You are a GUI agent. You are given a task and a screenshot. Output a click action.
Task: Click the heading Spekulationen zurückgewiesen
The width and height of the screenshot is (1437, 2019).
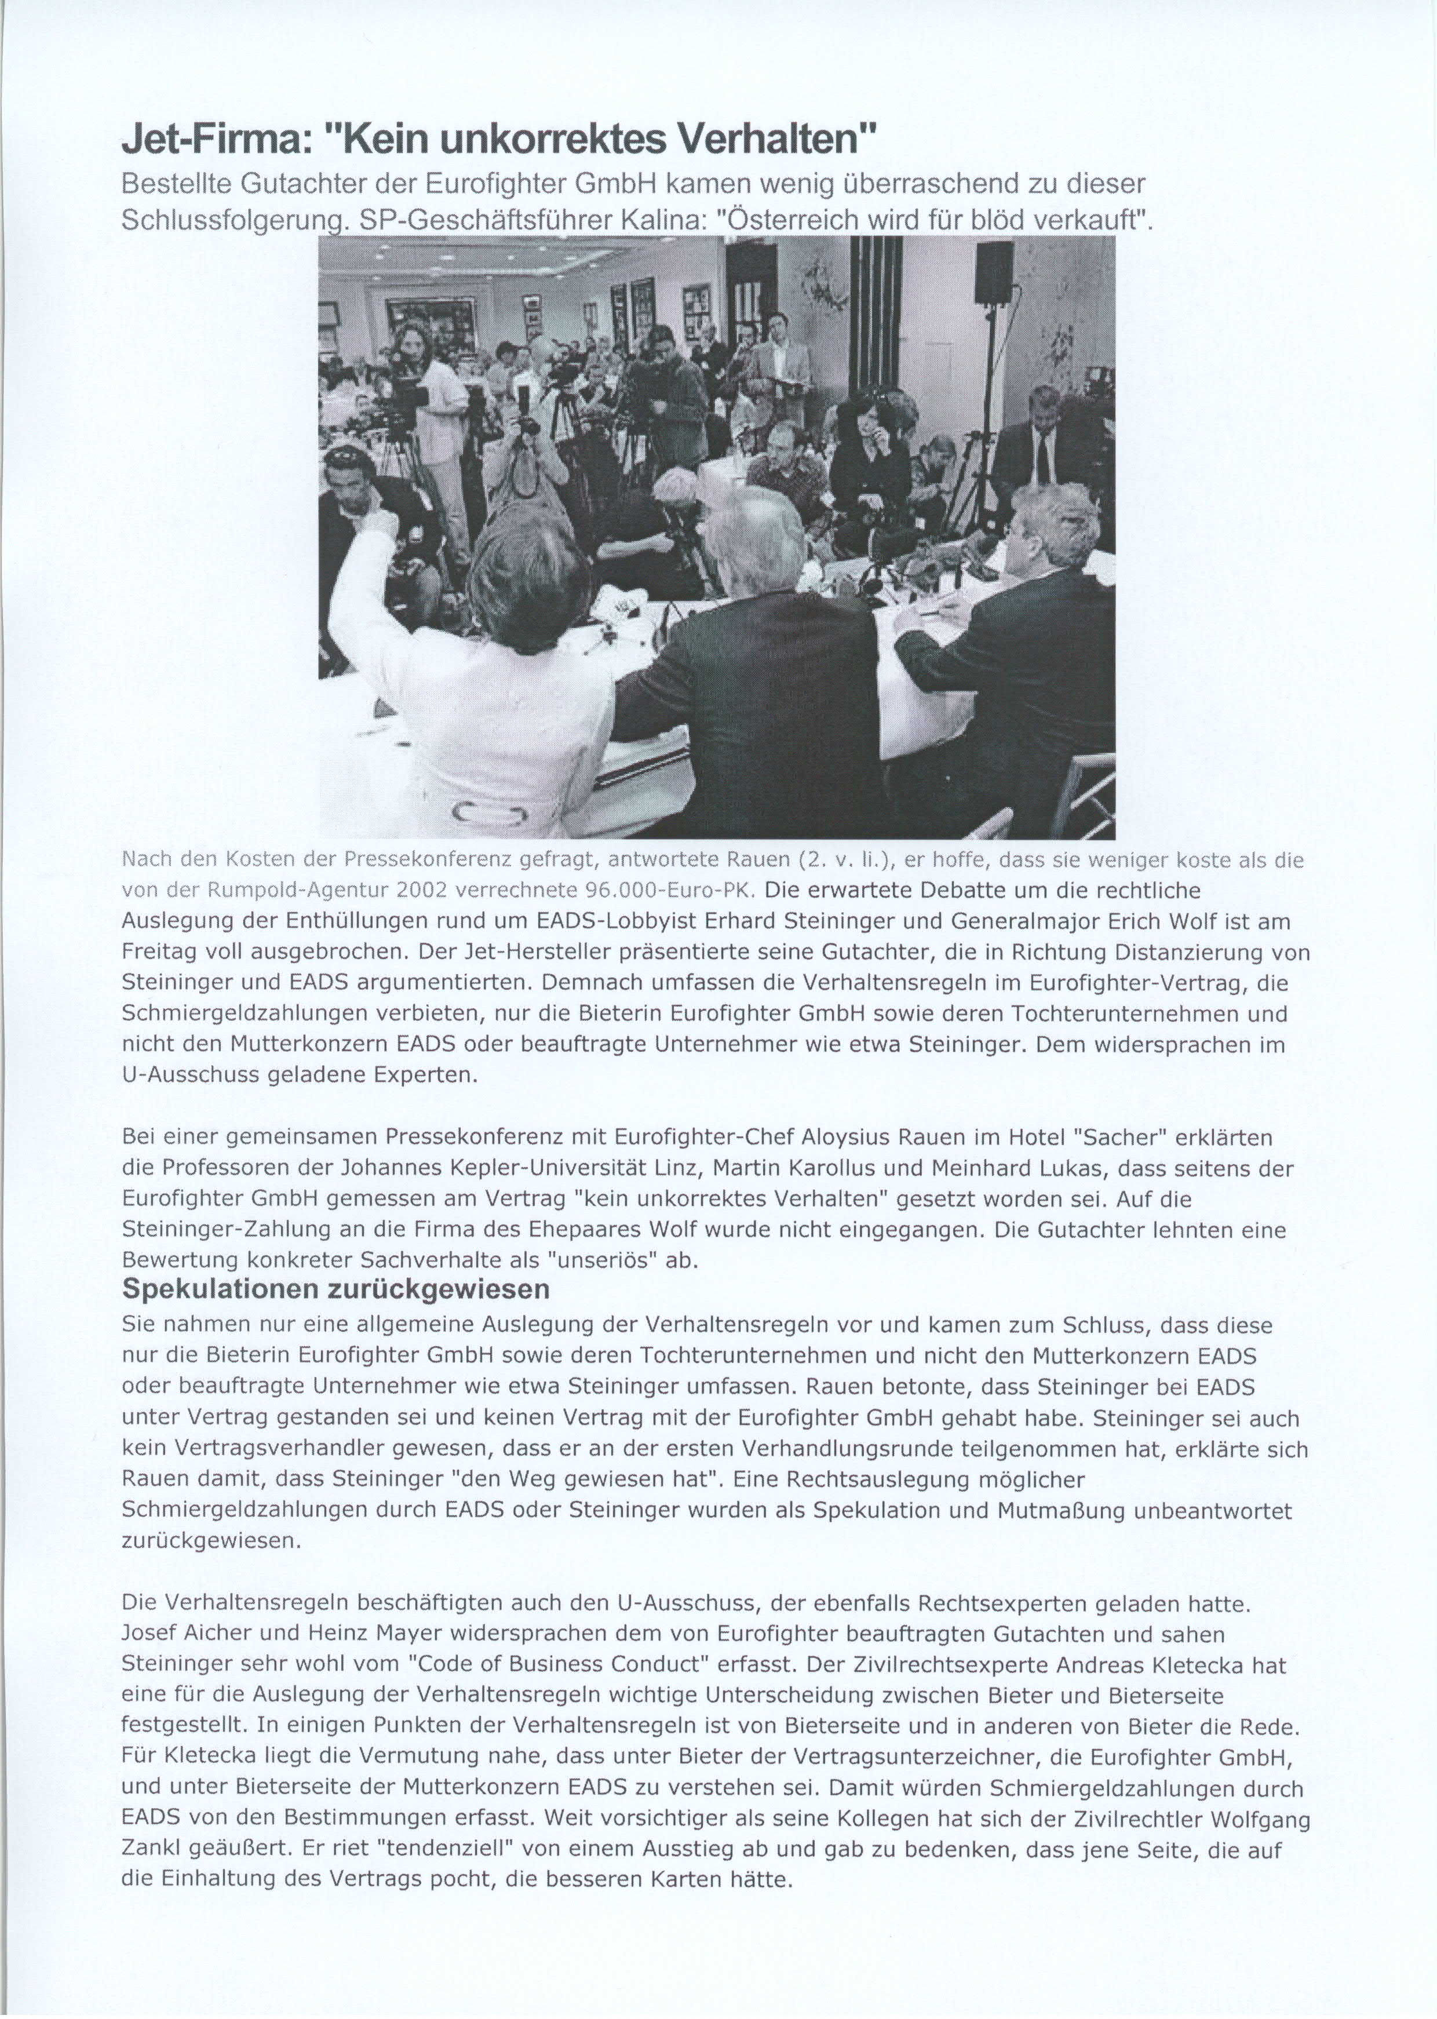[335, 1289]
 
